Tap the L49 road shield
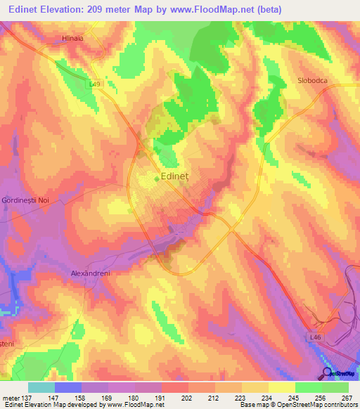[96, 84]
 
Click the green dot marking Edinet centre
[157, 178]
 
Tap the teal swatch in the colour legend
[41, 387]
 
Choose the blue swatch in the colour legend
[67, 387]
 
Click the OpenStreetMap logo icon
[327, 373]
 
